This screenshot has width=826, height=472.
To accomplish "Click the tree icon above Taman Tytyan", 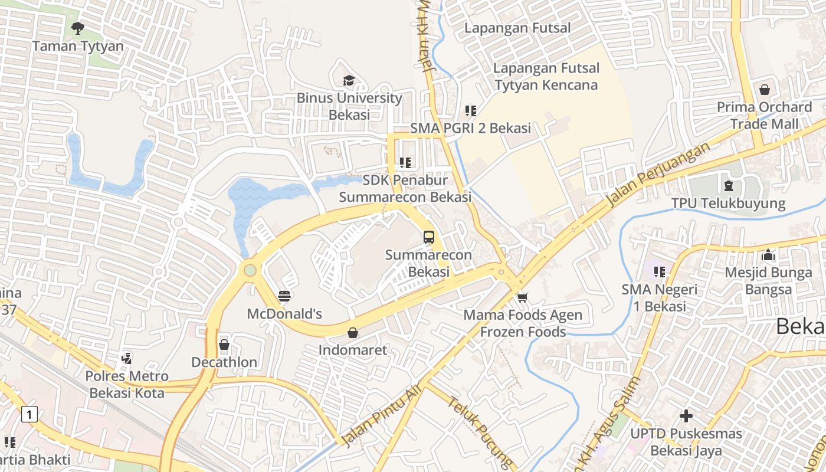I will coord(77,28).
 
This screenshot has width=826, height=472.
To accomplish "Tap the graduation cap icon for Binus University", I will coord(349,80).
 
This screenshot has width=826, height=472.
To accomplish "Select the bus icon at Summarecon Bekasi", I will coord(429,237).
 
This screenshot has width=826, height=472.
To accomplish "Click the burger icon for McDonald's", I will coord(284,296).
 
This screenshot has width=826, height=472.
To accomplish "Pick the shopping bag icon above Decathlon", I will coord(224,344).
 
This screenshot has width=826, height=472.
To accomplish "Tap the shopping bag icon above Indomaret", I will coord(353,333).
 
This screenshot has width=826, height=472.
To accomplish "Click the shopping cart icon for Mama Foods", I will coord(522,297).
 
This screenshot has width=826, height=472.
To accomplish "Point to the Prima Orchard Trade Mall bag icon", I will coord(765,90).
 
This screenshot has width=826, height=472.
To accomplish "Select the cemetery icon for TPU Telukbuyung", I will coord(728,186).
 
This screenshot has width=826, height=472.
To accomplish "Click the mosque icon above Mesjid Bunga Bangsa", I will coord(768,255).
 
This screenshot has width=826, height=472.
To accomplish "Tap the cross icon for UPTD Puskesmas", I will coord(686,416).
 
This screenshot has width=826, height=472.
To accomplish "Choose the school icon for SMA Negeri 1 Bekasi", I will coord(660,271).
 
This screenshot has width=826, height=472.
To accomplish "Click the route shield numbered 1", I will coord(28,414).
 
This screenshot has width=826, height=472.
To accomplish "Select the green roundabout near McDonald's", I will coord(250,270).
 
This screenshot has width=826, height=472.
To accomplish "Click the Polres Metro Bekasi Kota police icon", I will coord(126,358).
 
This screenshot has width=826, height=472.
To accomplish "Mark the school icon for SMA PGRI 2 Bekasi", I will coord(470,110).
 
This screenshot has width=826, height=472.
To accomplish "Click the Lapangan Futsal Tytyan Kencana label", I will coord(546,77).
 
